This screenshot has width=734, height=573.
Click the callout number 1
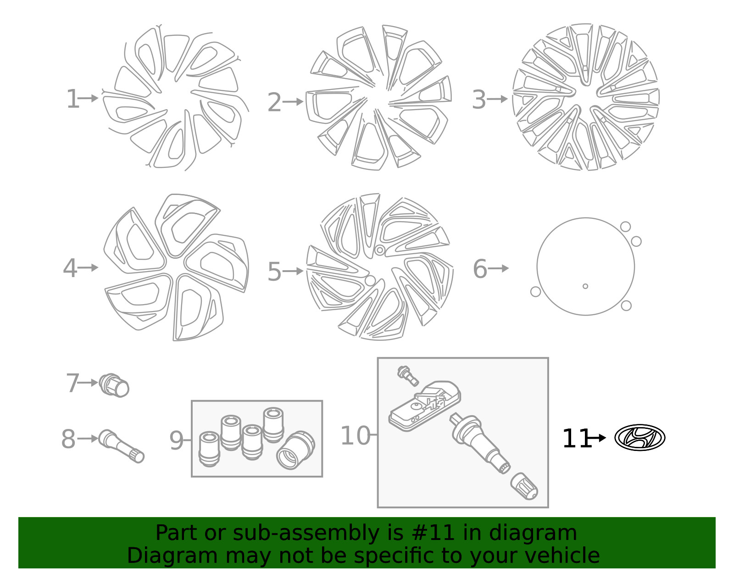(73, 99)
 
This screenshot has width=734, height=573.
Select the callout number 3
(478, 100)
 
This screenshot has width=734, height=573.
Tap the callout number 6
(480, 269)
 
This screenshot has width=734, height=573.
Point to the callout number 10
(356, 435)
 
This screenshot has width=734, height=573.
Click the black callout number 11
(576, 439)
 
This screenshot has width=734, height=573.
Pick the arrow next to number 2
(293, 102)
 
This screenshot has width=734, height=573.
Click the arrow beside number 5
(293, 271)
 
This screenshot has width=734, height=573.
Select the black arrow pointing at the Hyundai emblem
(597, 438)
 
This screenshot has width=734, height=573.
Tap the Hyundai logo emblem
(640, 437)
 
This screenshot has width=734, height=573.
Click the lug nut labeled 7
(114, 385)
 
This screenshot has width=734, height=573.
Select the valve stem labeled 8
(121, 446)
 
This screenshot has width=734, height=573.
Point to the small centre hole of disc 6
(585, 286)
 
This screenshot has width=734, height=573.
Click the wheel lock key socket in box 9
(295, 450)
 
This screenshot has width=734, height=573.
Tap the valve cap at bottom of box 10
(524, 486)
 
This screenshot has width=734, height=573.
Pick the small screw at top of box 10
(408, 376)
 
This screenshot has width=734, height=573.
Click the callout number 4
(70, 268)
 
